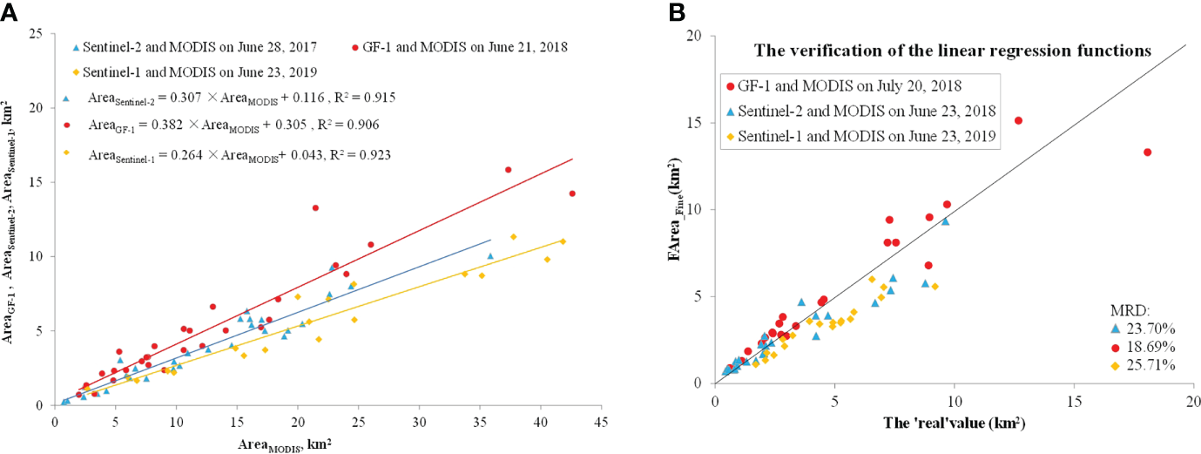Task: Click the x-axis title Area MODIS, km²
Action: click(x=287, y=444)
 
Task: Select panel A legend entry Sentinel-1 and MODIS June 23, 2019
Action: click(x=193, y=71)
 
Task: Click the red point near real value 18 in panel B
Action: click(x=1147, y=152)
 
